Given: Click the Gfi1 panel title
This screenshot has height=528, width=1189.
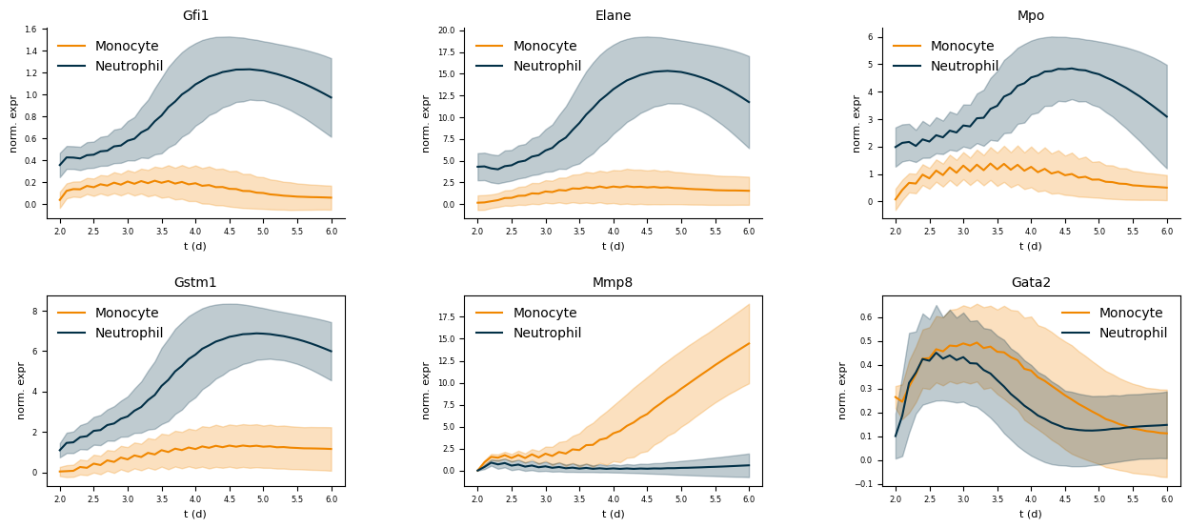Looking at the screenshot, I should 195,16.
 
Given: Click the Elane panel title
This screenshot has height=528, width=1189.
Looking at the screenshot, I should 613,16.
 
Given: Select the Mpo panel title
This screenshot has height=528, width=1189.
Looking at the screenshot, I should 1031,16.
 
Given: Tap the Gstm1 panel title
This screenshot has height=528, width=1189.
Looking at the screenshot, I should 195,283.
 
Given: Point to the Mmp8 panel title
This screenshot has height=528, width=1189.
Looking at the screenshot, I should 613,283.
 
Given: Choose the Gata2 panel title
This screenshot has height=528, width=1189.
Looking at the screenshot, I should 1031,283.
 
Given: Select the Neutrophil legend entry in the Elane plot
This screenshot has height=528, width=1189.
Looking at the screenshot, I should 547,66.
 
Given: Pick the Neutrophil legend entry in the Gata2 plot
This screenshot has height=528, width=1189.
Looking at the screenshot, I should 1133,333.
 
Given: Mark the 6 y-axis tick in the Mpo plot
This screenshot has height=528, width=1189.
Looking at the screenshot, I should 869,37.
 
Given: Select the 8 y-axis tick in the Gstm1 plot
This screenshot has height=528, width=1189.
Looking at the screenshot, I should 34,311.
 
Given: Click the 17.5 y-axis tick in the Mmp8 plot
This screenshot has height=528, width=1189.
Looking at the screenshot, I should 445,314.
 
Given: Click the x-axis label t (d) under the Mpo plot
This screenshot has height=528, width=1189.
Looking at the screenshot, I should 1031,246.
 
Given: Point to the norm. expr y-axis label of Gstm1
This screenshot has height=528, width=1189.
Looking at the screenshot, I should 21,390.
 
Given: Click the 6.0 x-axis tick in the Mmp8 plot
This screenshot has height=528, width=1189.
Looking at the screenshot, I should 748,499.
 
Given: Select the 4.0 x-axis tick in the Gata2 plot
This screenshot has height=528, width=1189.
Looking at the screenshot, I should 1031,499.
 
